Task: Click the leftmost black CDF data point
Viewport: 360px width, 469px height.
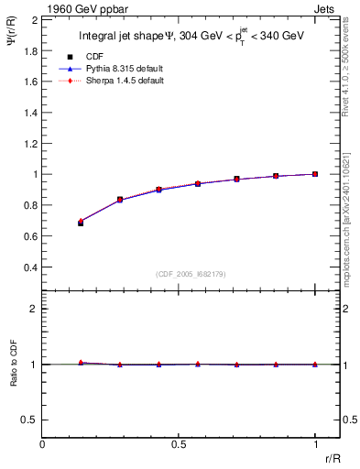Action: [81, 223]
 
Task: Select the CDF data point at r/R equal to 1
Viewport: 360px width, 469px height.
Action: [315, 174]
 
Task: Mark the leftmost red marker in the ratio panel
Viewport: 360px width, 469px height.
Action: [81, 363]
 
